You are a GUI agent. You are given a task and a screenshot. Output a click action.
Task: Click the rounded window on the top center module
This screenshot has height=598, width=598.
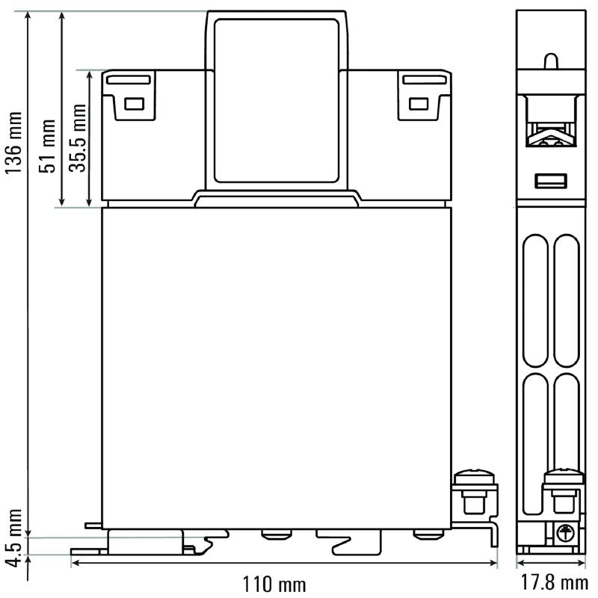pyautogui.click(x=276, y=101)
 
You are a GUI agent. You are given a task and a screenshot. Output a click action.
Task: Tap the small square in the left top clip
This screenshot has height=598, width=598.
pyautogui.click(x=134, y=104)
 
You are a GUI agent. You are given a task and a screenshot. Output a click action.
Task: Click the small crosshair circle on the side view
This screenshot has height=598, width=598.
pyautogui.click(x=566, y=532)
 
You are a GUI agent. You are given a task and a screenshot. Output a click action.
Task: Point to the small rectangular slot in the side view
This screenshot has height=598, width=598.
pyautogui.click(x=551, y=180)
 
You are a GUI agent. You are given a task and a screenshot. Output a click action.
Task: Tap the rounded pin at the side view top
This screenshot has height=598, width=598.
pyautogui.click(x=550, y=61)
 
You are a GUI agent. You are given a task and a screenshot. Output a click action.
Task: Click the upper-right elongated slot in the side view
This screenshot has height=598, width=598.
pyautogui.click(x=567, y=299)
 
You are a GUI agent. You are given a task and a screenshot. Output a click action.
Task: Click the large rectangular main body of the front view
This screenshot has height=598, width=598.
pyautogui.click(x=276, y=366)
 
